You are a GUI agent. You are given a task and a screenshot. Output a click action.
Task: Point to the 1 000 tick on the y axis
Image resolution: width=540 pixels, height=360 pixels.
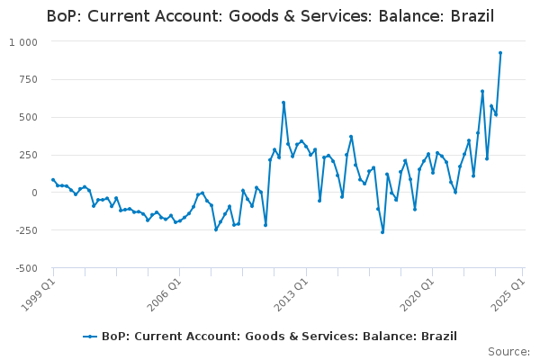point(23,42)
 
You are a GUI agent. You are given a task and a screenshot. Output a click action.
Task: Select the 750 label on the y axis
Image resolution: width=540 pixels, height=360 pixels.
point(28,79)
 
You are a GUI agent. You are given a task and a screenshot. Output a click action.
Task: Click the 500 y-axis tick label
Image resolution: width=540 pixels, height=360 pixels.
point(28,117)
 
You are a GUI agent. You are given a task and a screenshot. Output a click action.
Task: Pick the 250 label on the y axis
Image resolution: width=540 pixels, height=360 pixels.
point(28,155)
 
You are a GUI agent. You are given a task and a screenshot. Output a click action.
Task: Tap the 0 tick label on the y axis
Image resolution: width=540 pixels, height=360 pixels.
point(34,193)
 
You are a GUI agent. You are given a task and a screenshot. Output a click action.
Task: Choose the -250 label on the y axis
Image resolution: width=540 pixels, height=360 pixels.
point(26,230)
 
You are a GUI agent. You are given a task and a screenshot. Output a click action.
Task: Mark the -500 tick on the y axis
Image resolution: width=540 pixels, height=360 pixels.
point(26,268)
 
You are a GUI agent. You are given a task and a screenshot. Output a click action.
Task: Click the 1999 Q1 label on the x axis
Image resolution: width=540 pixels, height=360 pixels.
point(38,294)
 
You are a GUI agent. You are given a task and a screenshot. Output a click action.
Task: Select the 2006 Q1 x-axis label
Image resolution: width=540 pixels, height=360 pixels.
point(164,294)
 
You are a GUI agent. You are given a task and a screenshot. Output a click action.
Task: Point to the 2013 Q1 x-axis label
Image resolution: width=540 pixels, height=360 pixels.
point(291,294)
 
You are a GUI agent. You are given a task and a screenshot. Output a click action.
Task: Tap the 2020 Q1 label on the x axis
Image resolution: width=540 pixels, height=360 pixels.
point(417,294)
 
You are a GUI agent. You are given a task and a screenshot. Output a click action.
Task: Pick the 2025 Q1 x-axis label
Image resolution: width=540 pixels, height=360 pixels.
point(507,294)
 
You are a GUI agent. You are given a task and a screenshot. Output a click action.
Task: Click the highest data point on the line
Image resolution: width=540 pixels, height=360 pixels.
point(500,53)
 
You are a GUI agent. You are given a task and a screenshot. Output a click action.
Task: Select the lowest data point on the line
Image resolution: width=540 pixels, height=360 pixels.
point(382,232)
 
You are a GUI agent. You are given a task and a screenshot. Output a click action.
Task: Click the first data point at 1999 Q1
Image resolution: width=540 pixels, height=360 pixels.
point(53,180)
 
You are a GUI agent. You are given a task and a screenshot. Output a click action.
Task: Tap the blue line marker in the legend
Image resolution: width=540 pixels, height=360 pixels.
point(90,337)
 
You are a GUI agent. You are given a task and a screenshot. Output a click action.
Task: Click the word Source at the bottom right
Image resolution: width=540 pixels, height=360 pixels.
point(508,352)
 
